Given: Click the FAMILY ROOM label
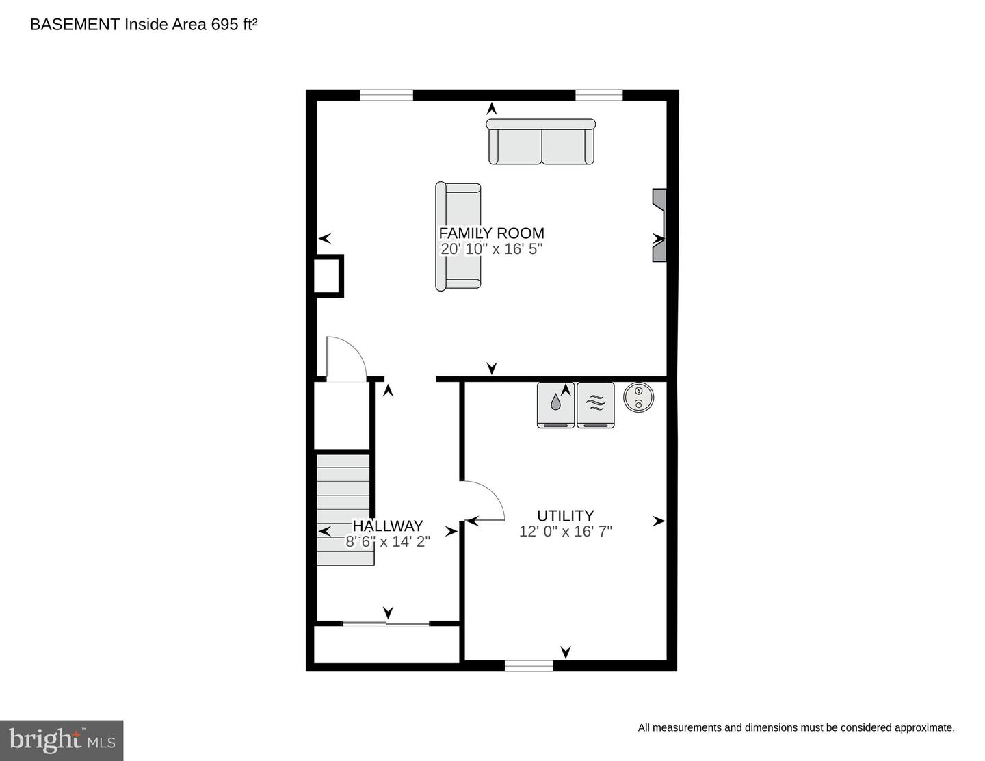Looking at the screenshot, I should coord(491,233).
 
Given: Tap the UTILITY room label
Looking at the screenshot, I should coord(565,516).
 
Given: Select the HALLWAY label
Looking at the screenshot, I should coord(388,526).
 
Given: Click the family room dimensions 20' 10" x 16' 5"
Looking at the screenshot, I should coord(491,249).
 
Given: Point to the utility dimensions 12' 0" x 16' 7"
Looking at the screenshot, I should coord(565,532).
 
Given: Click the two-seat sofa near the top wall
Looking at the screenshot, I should coord(541,142).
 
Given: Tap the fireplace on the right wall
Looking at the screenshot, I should coord(658,225).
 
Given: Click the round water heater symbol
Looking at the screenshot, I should coord(638,398).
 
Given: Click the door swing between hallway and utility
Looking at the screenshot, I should coord(484,502).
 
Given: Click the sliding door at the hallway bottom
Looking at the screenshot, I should coord(386,623).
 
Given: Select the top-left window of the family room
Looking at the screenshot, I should coord(386,95).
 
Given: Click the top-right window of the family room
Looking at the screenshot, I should coord(599,95).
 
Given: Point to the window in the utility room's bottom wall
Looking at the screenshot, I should coord(529,665).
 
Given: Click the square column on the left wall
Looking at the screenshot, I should coord(328,275).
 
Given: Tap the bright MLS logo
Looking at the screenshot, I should coord(62,740).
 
